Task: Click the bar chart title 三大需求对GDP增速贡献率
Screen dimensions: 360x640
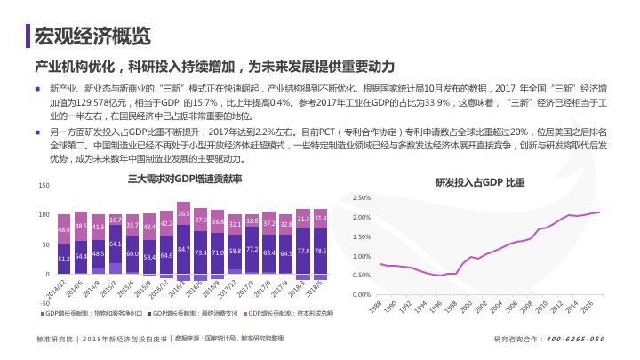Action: point(185,180)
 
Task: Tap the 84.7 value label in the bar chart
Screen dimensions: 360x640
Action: point(183,250)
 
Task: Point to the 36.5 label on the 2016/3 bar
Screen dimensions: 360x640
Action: point(183,214)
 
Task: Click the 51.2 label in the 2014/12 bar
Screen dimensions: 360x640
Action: point(63,259)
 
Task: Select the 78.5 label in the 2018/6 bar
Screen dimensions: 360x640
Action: point(321,251)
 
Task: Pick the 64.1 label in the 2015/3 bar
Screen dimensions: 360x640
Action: point(115,243)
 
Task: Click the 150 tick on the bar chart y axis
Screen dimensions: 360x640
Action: point(44,185)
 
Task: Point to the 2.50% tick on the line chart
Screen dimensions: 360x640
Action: point(361,197)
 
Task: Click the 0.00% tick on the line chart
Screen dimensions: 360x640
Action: point(361,294)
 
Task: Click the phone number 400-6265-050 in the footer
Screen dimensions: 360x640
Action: point(575,339)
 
